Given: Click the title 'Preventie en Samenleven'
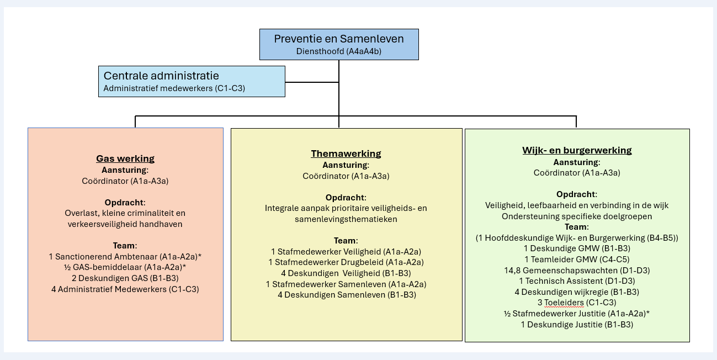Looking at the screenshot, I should pos(339,39).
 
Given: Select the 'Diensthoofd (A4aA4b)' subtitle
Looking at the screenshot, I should pos(339,51).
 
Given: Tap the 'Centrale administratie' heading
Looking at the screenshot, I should pos(161,76).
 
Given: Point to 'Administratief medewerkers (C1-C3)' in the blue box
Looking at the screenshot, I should pos(174,88).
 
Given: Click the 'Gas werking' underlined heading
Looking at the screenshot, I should pos(125,159).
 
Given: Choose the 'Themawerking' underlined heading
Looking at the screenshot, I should pos(346,153).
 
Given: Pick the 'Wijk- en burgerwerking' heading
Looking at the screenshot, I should pos(577,150).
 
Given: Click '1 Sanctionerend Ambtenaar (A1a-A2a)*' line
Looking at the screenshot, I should pos(125,257).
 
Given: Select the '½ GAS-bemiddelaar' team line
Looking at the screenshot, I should pos(125,267).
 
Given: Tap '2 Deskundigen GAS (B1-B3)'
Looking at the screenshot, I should pos(125,278).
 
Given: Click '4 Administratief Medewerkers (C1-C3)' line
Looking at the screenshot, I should pos(125,289).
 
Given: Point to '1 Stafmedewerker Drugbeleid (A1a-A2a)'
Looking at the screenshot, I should pos(346,262).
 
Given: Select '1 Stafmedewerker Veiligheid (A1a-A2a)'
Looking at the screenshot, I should pos(346,252).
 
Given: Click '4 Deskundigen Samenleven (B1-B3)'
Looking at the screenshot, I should pos(346,295).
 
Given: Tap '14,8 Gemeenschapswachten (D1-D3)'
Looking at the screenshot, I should pos(577,271).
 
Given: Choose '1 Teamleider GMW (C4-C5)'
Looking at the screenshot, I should pos(577,260).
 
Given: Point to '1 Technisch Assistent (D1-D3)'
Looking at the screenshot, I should pos(577,281).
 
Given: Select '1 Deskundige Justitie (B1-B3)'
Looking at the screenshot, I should pos(577,325).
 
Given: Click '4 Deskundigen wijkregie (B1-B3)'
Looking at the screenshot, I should pos(577,292).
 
